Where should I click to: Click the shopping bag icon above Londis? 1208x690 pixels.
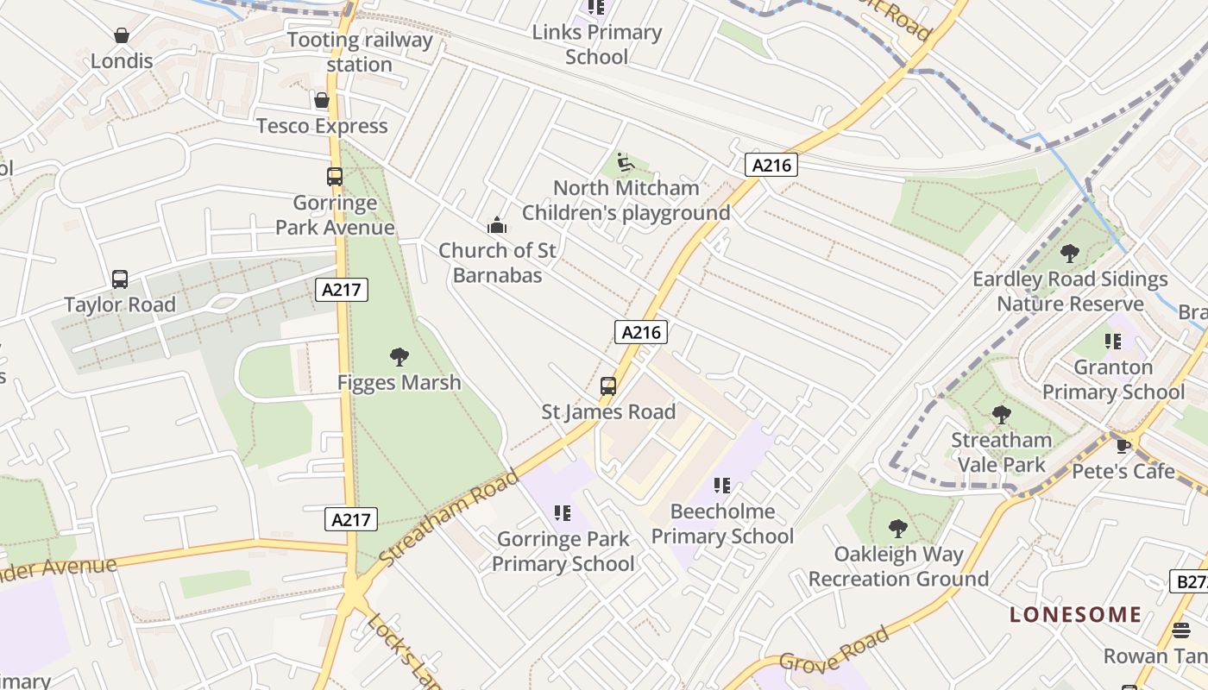122,35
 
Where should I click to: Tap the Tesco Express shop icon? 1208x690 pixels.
322,100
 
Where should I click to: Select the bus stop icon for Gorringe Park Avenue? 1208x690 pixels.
335,177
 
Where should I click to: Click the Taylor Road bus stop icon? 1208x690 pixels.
120,279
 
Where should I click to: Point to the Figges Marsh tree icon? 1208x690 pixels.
399,356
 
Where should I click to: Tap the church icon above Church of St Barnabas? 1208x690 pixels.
497,226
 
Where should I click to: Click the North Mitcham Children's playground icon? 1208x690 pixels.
626,162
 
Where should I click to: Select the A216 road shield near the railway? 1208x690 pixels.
771,165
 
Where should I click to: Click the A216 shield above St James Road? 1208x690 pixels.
641,332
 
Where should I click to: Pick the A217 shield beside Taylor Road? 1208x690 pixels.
342,290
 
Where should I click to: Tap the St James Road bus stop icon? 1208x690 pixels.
608,386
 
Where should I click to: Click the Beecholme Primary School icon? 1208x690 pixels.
722,486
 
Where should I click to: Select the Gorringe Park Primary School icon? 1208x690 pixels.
563,513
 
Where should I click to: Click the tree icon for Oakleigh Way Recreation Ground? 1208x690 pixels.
898,528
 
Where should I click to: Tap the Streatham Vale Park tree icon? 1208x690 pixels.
1001,415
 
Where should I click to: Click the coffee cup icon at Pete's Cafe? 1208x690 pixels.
1123,446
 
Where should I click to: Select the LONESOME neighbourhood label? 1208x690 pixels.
1075,615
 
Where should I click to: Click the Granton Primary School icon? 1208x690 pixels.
1113,342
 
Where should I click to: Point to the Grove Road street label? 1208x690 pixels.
834,650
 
